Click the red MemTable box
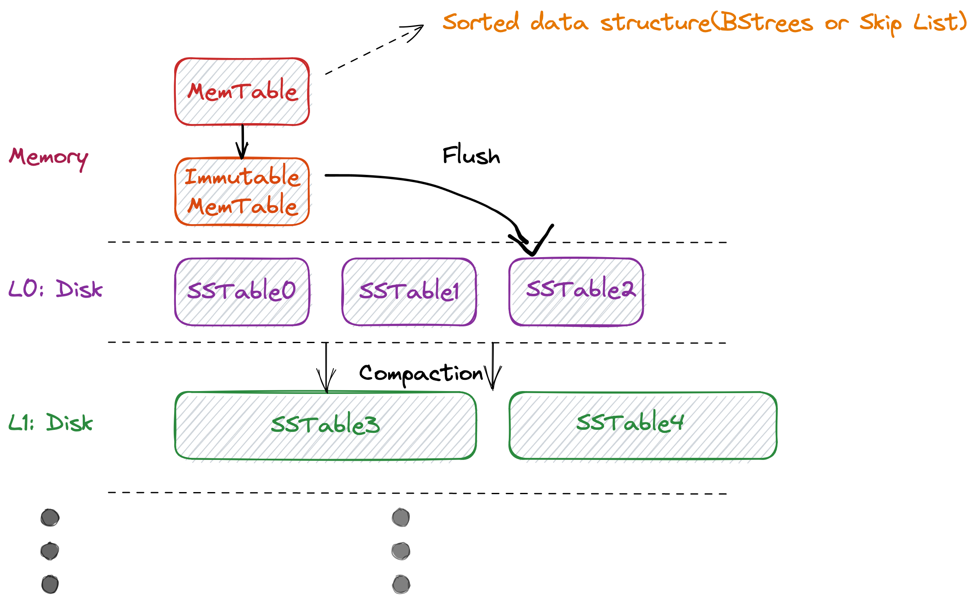click(x=242, y=91)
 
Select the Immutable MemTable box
click(x=242, y=192)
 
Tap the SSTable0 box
click(x=242, y=291)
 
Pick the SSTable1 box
click(x=409, y=291)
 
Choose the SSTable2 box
click(x=576, y=291)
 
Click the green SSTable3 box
click(x=325, y=425)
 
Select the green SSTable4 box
click(x=643, y=425)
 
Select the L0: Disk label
click(x=55, y=289)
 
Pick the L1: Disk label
click(x=51, y=423)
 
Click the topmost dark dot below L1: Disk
click(x=50, y=518)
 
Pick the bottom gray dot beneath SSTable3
click(x=401, y=584)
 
